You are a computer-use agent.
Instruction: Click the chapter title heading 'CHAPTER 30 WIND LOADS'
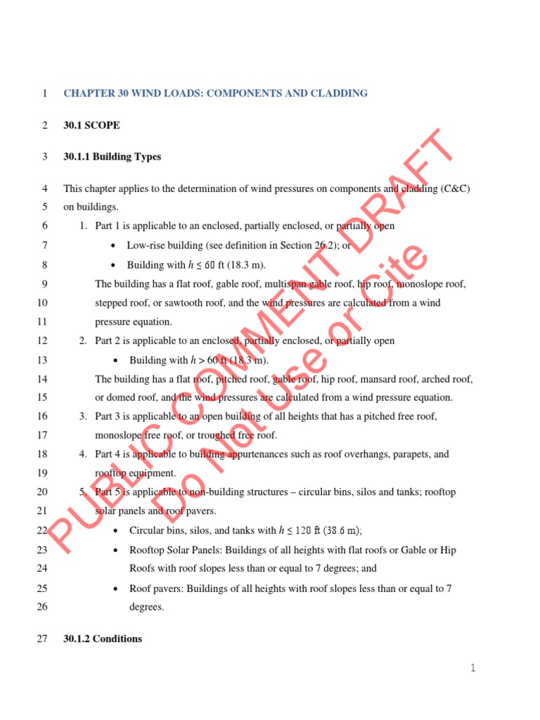tap(215, 94)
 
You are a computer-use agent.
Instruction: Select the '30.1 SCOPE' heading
tap(91, 125)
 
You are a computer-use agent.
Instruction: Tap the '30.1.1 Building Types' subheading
tap(112, 157)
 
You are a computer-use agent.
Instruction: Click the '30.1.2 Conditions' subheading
tap(102, 638)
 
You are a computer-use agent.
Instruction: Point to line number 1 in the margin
tap(44, 94)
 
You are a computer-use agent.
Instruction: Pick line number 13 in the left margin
tap(41, 360)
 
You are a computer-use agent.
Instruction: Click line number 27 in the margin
tap(41, 638)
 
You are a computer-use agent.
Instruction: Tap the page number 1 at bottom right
tap(474, 668)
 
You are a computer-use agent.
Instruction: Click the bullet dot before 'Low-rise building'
tap(114, 246)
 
